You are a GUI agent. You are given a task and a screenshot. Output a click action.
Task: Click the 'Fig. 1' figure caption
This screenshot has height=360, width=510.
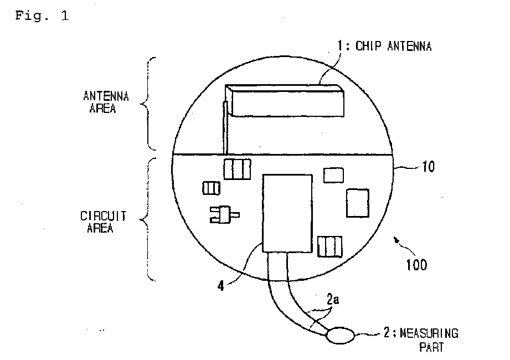click(42, 16)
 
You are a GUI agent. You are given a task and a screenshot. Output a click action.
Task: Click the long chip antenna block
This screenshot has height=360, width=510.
click(287, 101)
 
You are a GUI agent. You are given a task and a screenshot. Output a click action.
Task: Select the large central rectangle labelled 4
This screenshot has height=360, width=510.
click(287, 213)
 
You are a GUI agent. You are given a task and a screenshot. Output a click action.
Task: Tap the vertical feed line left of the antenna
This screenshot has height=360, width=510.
click(225, 128)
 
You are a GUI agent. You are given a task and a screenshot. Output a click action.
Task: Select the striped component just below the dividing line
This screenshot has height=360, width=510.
click(237, 168)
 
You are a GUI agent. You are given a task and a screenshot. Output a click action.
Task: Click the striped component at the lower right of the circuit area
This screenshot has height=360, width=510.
click(329, 245)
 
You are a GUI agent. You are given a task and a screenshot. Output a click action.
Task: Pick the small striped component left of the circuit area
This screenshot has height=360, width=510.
click(211, 189)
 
